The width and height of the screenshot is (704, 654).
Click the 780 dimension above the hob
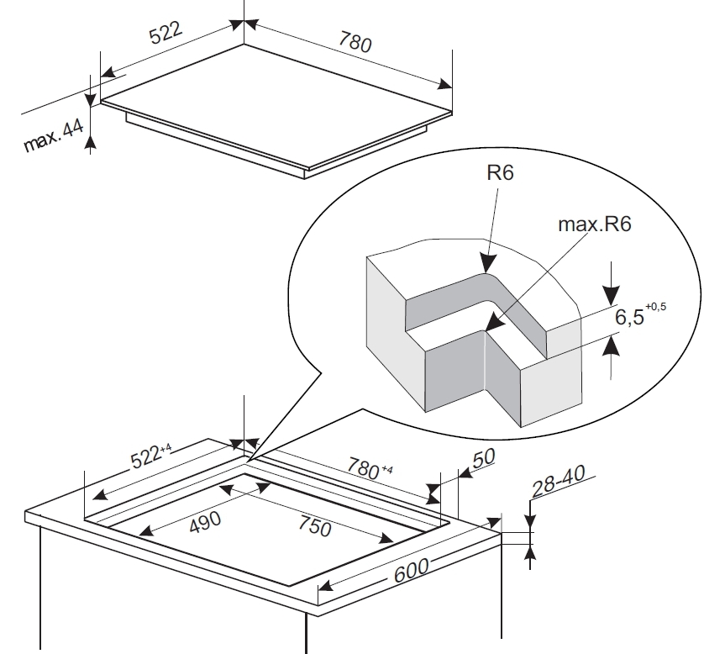[x=355, y=42]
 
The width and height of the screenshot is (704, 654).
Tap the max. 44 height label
[x=54, y=135]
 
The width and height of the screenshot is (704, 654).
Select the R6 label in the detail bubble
[x=500, y=172]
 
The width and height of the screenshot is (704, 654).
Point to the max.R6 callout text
[x=595, y=224]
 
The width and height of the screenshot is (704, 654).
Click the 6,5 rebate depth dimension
[x=629, y=317]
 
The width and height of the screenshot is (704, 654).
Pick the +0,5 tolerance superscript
[x=655, y=307]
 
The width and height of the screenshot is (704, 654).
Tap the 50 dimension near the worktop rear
[x=484, y=457]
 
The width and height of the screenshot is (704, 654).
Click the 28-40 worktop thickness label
[x=559, y=481]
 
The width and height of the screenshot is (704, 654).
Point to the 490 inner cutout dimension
[x=205, y=522]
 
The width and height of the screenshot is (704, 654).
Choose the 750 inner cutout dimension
[x=315, y=526]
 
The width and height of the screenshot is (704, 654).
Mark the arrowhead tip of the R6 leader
[x=486, y=272]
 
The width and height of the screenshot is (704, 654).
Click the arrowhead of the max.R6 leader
[x=486, y=331]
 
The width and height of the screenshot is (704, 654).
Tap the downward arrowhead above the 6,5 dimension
[x=611, y=305]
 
